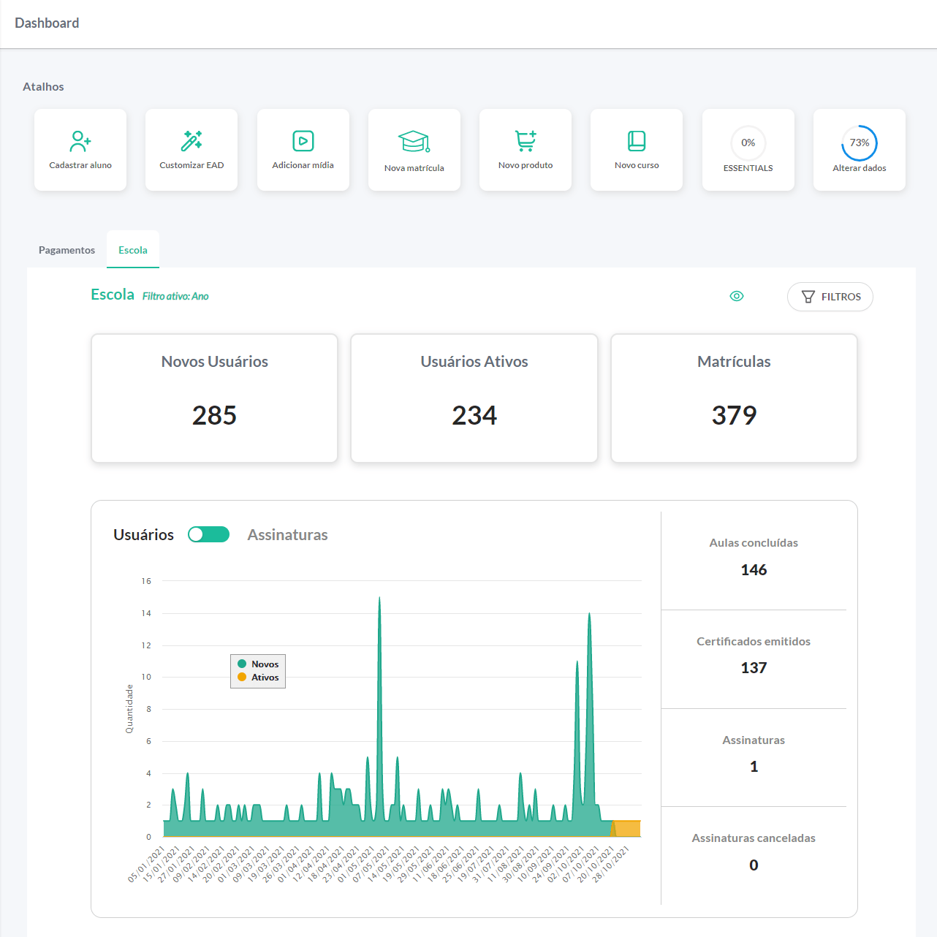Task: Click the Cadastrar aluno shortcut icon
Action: (80, 140)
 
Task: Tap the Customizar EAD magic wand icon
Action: (191, 140)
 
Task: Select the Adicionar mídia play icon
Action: (303, 140)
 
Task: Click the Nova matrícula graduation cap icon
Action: (414, 141)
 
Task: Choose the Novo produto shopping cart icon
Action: (526, 140)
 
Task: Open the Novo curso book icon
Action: (637, 140)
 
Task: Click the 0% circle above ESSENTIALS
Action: (748, 143)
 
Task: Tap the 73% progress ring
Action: (860, 143)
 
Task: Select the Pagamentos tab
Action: (67, 250)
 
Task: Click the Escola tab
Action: (133, 250)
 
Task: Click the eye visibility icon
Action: (737, 296)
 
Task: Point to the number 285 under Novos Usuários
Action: (214, 415)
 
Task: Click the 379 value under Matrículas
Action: (734, 415)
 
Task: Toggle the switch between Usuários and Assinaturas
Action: (208, 534)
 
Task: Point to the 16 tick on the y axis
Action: (146, 581)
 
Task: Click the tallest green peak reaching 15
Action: (379, 599)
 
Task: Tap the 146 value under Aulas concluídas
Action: (754, 570)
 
